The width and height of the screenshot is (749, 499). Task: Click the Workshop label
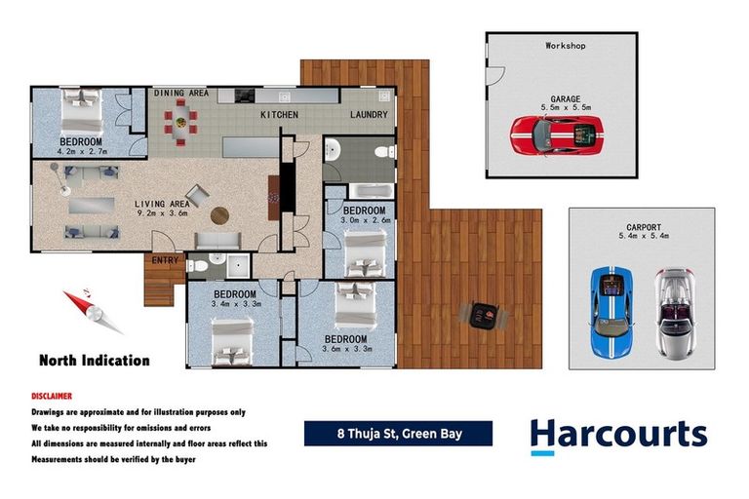coord(566,46)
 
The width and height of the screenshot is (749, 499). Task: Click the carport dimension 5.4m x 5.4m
coord(642,235)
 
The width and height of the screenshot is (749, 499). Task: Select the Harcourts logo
coord(618,434)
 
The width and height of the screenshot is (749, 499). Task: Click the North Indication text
coord(95,361)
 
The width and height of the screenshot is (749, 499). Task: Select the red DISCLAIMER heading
coord(52,397)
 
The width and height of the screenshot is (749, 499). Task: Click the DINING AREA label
coord(181,93)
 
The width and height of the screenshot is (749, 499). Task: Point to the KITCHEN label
coord(279,115)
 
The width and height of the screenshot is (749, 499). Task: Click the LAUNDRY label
coord(369,115)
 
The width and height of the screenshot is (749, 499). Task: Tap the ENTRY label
coord(164,260)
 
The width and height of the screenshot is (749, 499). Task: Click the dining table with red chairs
coord(180,122)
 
